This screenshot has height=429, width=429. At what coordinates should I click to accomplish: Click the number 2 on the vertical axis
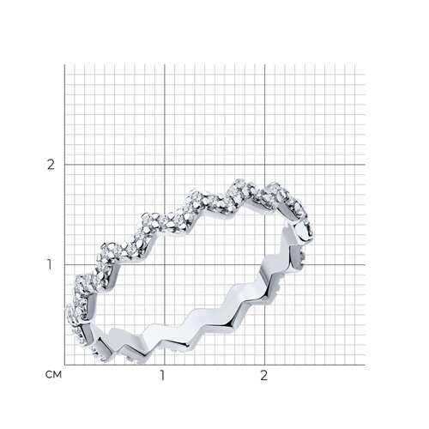[x=51, y=165]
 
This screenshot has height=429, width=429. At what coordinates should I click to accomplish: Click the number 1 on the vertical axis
[x=50, y=264]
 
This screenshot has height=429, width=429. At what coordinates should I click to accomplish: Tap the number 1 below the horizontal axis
[x=162, y=375]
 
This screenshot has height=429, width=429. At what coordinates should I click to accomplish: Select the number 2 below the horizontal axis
[x=264, y=375]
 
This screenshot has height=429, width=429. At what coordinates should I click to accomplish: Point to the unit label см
[x=53, y=375]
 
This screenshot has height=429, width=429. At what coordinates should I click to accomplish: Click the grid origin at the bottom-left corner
[x=64, y=365]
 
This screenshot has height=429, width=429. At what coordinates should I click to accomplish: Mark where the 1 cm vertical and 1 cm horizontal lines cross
[x=165, y=264]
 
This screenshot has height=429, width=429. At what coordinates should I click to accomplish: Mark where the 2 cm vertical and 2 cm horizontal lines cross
[x=265, y=165]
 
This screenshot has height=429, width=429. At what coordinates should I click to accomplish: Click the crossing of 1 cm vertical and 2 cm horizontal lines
[x=165, y=165]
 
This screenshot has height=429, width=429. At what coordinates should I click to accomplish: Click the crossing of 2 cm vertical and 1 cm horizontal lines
[x=265, y=264]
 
